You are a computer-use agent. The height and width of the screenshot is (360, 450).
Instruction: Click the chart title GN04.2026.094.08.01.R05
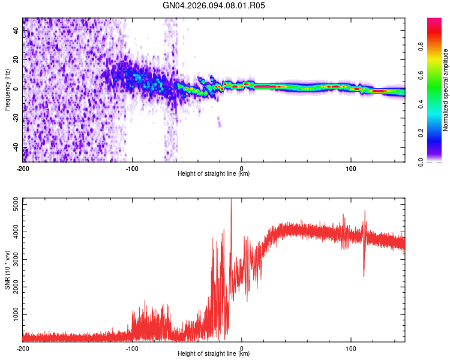[214, 5]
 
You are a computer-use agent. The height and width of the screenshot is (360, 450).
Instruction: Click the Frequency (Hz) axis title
[7, 90]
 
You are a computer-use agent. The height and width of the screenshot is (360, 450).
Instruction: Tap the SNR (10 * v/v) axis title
[7, 270]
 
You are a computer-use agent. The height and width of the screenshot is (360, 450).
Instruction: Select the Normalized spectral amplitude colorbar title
[446, 90]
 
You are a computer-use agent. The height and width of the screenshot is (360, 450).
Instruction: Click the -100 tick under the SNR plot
[132, 348]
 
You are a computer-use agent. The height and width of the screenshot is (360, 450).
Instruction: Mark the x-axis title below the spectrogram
[214, 174]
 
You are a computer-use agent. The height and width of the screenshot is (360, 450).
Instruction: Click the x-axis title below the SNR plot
[214, 354]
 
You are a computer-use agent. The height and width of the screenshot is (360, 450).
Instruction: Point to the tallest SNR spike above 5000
[231, 200]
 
